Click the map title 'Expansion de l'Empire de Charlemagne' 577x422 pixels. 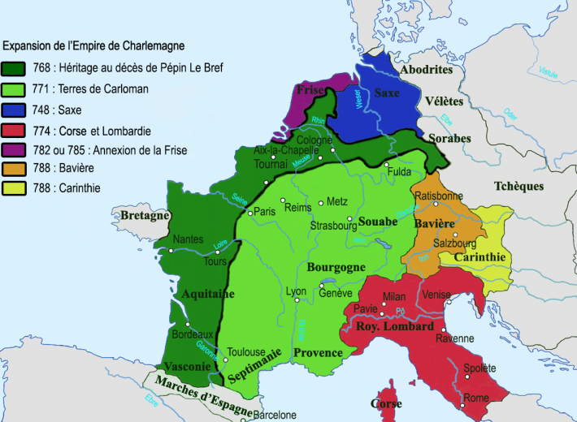click(94, 45)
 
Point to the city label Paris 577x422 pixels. click(265, 211)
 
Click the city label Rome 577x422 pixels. click(477, 398)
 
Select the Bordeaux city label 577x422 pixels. click(193, 334)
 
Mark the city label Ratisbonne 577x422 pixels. click(439, 196)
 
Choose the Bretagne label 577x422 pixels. click(144, 216)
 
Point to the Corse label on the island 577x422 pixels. click(386, 403)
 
